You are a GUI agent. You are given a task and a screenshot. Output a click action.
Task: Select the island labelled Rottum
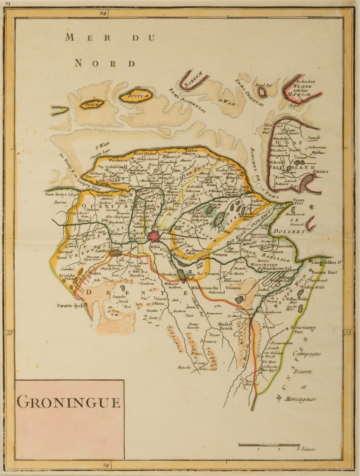point(135,96)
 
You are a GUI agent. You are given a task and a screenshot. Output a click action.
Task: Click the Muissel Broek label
point(227,325)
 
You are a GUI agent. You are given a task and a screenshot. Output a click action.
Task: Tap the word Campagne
point(307,354)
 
